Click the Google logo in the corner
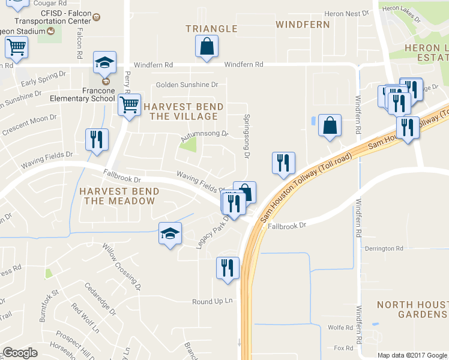tap(20, 353)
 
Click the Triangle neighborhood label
tap(211, 28)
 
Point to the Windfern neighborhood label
tap(303, 25)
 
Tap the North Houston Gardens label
tap(412, 310)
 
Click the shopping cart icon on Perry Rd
tap(129, 105)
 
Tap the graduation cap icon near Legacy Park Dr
tap(170, 233)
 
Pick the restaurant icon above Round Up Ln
tap(228, 268)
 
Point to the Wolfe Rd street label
tap(340, 328)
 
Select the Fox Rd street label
tap(343, 348)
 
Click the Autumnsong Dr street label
tap(205, 133)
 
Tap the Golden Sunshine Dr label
tap(187, 85)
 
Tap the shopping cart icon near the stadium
tap(17, 47)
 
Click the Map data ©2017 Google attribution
tap(412, 355)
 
